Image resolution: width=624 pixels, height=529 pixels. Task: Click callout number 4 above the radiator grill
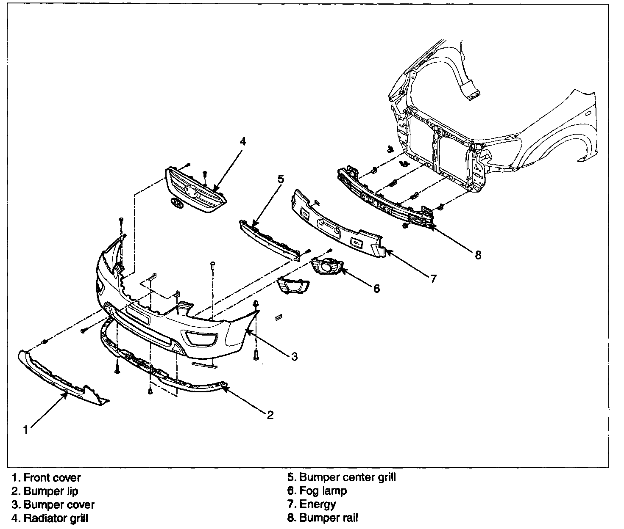tap(242, 142)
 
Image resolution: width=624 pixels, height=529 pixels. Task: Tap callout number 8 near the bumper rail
tap(478, 255)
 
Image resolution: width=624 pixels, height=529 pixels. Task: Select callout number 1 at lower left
tap(26, 430)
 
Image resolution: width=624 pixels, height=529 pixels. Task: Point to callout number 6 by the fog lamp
tap(376, 289)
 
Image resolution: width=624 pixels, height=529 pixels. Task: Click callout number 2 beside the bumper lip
tap(270, 415)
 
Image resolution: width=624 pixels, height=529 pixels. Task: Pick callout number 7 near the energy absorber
tap(433, 278)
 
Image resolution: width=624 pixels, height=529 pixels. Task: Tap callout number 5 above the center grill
tap(280, 179)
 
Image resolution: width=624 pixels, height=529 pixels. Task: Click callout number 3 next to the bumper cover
tap(294, 356)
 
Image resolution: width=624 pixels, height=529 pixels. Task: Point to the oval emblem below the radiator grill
tap(177, 203)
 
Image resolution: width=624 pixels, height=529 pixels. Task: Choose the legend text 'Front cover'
tap(52, 478)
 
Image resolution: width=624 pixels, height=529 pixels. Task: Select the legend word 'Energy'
tap(318, 504)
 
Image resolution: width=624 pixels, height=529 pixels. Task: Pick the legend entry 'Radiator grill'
tap(56, 518)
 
